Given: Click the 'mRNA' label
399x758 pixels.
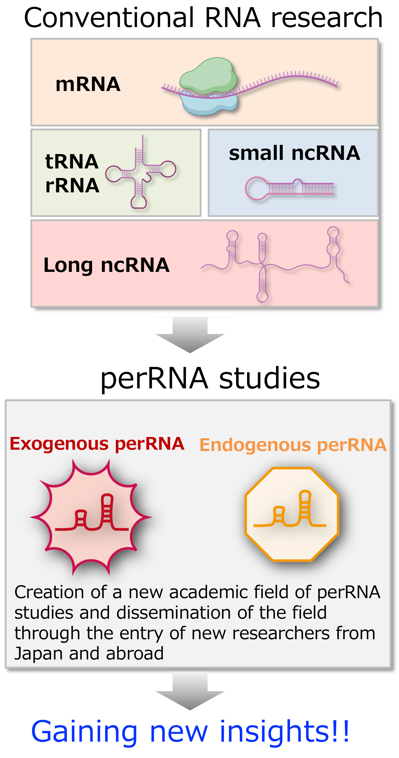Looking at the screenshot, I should pyautogui.click(x=88, y=84).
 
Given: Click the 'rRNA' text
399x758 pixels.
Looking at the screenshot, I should pyautogui.click(x=72, y=186).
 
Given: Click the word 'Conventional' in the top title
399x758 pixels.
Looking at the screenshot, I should pyautogui.click(x=109, y=18).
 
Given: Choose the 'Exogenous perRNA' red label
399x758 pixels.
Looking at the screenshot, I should pyautogui.click(x=97, y=443).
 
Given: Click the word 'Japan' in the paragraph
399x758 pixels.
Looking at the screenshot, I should pyautogui.click(x=38, y=654).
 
